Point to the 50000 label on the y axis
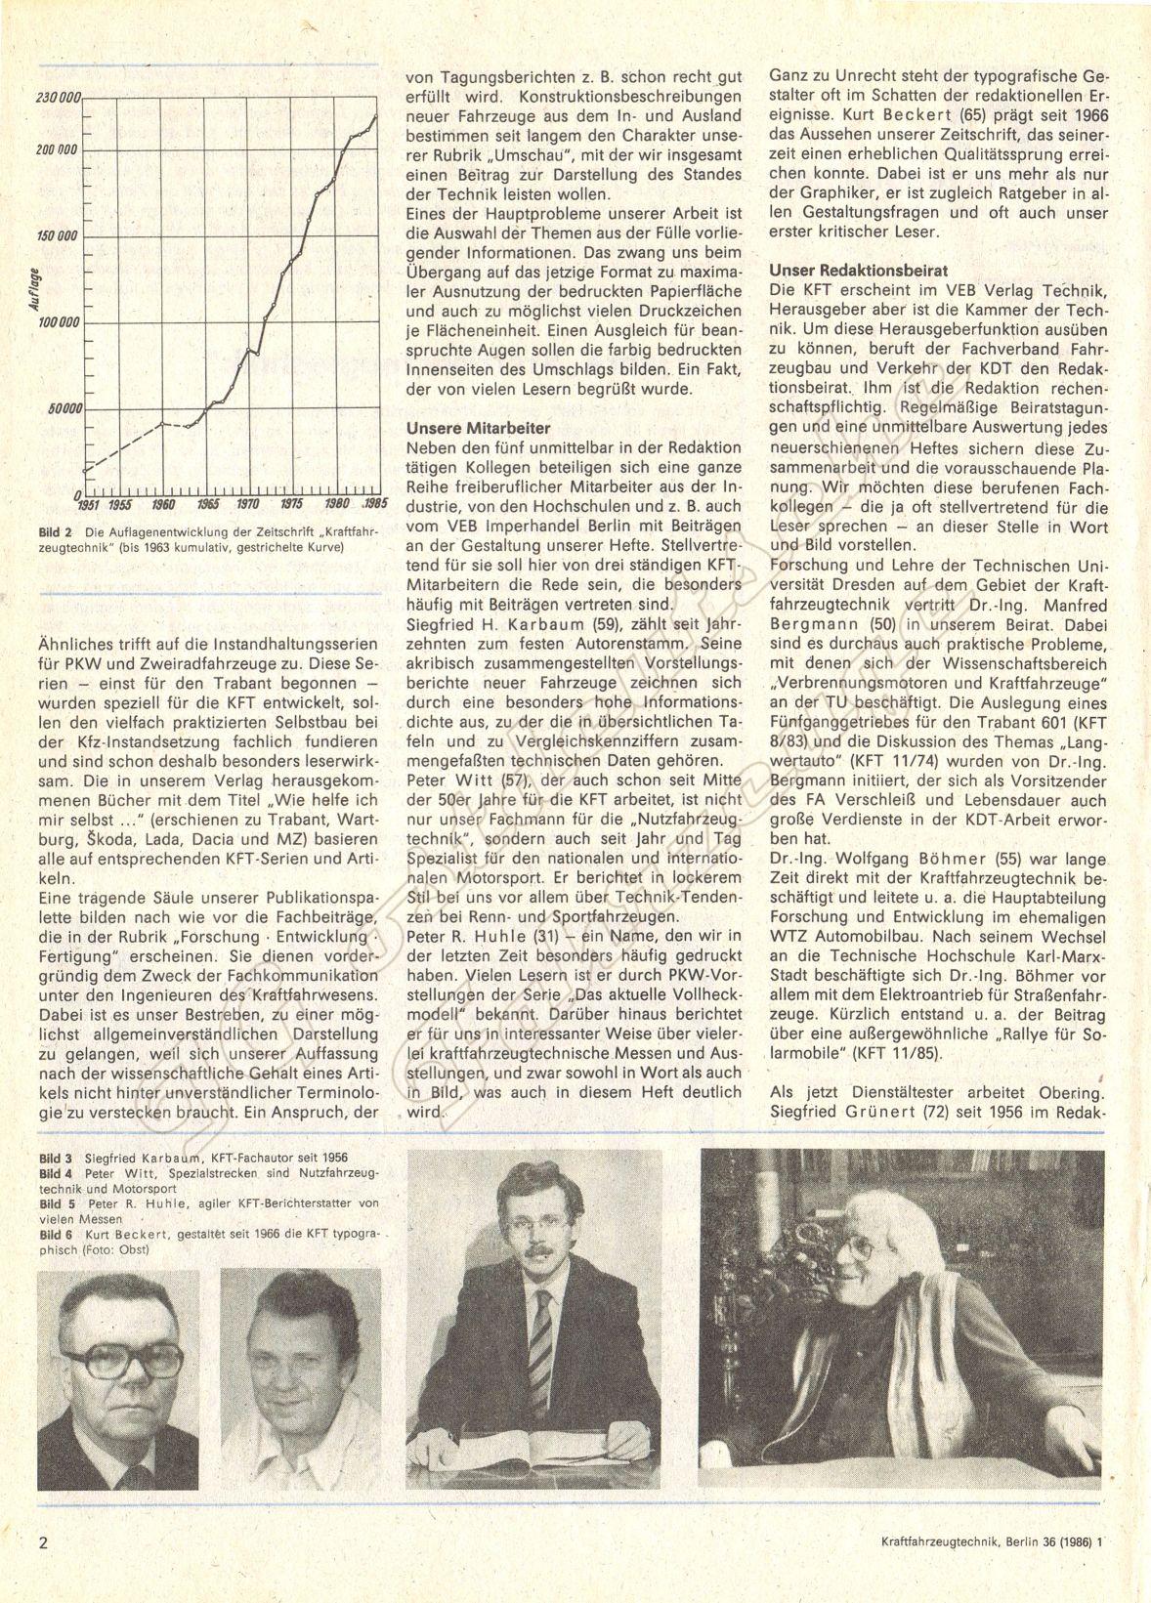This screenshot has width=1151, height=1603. (x=65, y=408)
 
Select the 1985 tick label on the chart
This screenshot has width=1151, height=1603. (x=375, y=503)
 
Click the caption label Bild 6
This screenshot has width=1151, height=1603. (x=56, y=1236)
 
